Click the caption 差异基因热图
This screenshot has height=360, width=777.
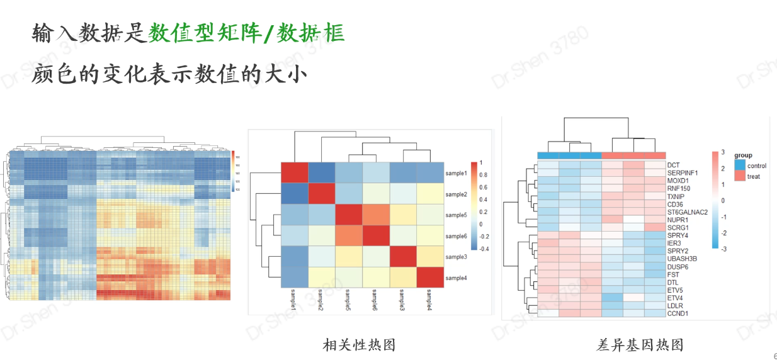(640, 344)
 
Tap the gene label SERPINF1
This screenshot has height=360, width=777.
(683, 172)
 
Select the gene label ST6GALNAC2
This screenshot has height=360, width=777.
(687, 212)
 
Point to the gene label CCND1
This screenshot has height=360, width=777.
(678, 313)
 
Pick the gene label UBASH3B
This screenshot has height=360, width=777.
(681, 259)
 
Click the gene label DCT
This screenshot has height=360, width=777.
(673, 165)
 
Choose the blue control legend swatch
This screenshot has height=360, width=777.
(739, 165)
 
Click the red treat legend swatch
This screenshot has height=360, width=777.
(739, 176)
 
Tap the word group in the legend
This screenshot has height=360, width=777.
(743, 155)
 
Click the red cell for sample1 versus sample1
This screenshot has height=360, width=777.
(294, 173)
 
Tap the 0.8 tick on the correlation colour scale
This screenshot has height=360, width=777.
(484, 175)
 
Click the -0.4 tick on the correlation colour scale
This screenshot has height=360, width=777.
(484, 249)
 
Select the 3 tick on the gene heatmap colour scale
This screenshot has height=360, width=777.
(722, 152)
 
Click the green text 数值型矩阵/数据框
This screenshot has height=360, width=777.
(246, 33)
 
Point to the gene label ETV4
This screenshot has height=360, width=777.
(675, 298)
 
